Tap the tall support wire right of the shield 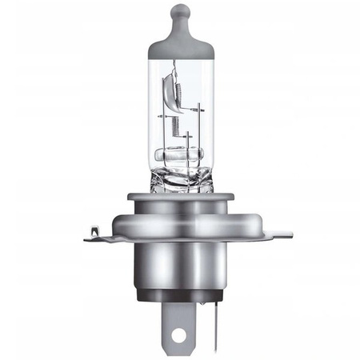tap(197, 120)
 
